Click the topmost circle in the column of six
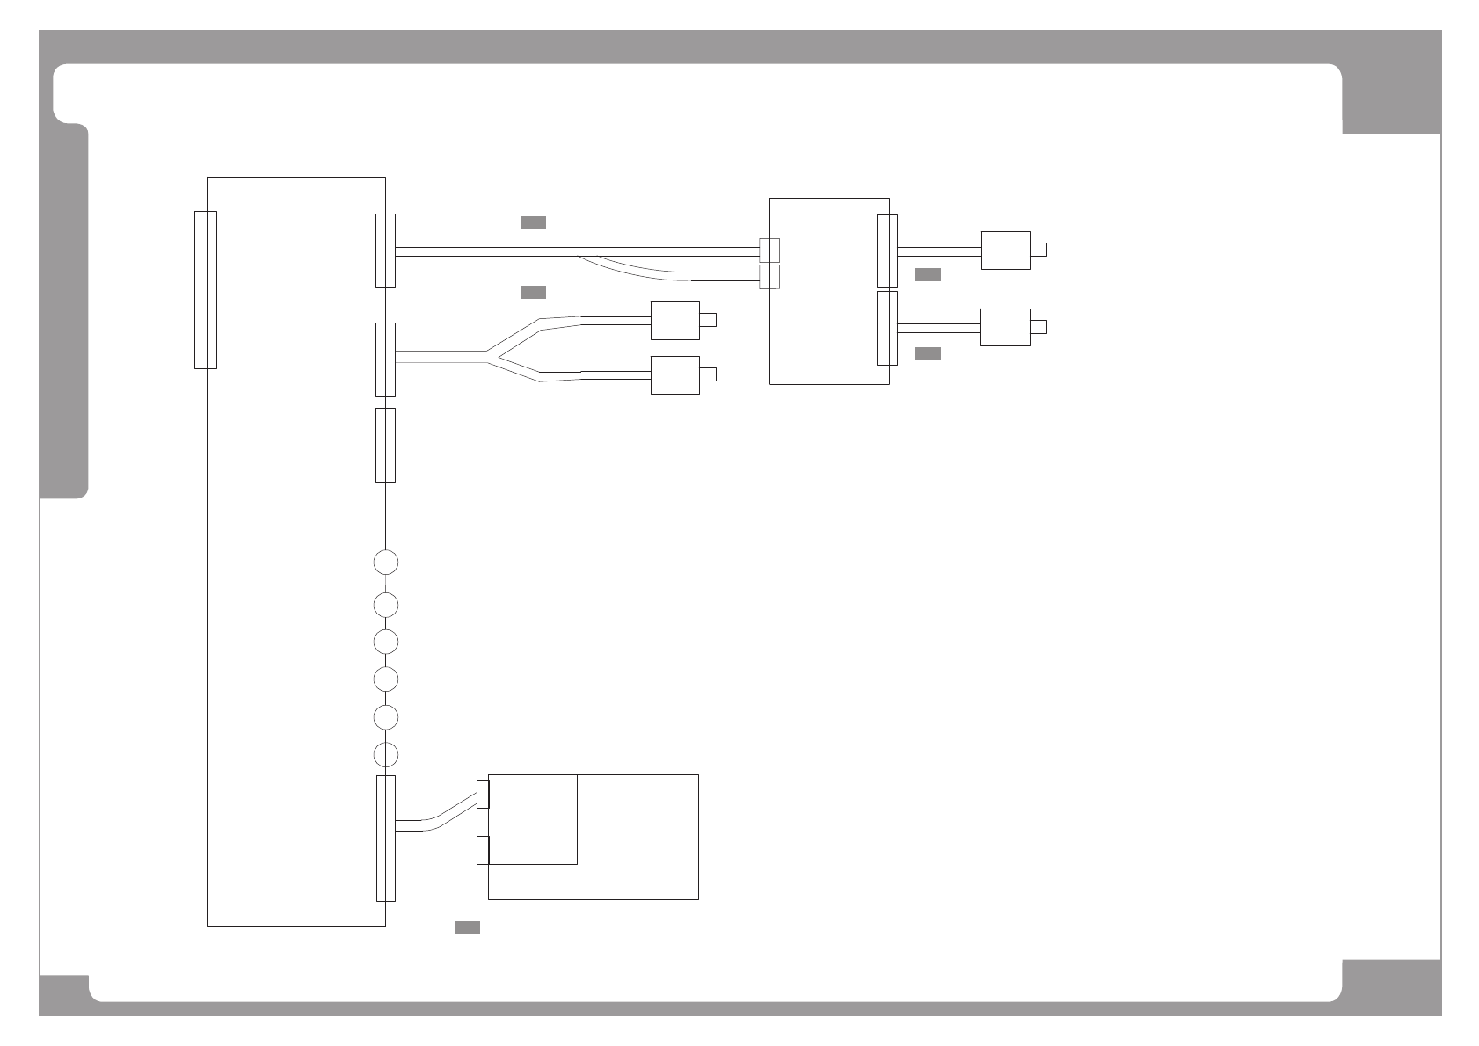click(x=385, y=562)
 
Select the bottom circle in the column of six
click(x=385, y=754)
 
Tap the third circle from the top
click(x=385, y=642)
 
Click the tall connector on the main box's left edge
click(x=206, y=289)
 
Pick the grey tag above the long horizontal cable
click(x=533, y=222)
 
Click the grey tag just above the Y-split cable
click(x=533, y=292)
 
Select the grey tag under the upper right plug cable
click(x=928, y=275)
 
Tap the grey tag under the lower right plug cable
click(x=928, y=353)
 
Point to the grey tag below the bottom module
click(x=467, y=927)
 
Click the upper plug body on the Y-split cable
click(x=674, y=321)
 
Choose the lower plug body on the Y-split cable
click(x=674, y=375)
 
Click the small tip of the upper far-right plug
click(x=1038, y=250)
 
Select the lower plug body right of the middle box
click(x=1005, y=327)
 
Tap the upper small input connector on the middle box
click(x=769, y=250)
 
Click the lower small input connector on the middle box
click(x=769, y=277)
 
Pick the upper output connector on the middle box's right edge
click(x=887, y=251)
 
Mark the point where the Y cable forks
click(x=487, y=356)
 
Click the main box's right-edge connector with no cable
click(x=385, y=445)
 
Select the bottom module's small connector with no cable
click(x=482, y=850)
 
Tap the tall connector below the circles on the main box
click(x=385, y=838)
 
